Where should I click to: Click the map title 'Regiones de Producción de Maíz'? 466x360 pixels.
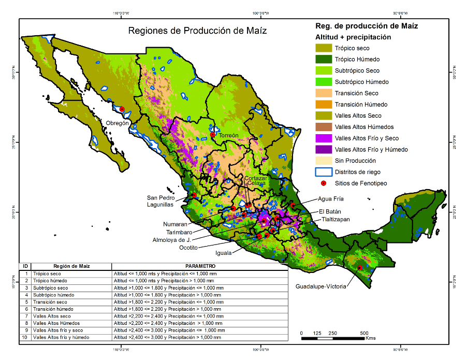[197, 31]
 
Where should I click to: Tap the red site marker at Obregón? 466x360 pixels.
[122, 109]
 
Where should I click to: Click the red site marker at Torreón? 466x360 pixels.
[212, 135]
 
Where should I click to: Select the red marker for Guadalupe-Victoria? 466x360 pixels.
[360, 268]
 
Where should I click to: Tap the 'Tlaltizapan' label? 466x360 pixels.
[336, 219]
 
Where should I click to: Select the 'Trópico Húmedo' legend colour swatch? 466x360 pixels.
[323, 60]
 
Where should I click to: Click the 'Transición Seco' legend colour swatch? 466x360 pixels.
[323, 93]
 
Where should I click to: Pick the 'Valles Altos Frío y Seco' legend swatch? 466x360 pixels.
[323, 138]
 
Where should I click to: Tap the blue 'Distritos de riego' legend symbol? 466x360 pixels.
[323, 172]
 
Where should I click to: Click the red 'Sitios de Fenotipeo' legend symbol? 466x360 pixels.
[323, 183]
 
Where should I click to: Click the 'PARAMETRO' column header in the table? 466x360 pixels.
[199, 266]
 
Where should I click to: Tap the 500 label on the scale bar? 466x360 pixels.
[364, 333]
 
